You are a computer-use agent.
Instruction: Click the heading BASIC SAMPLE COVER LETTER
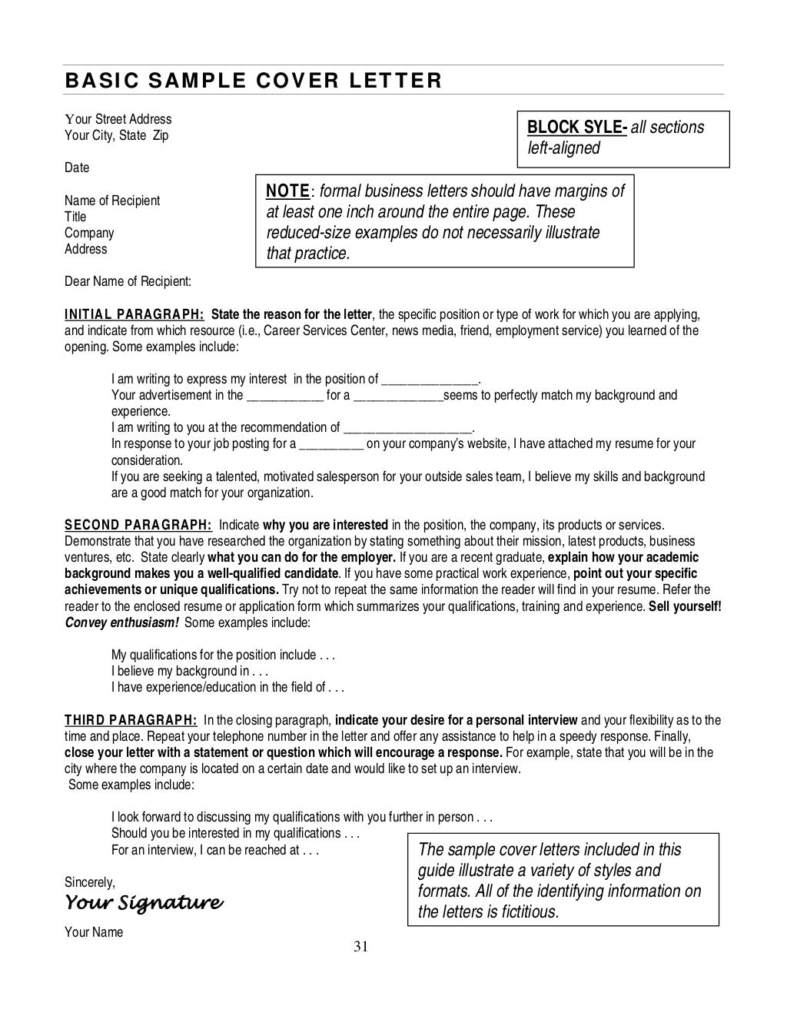[x=253, y=81]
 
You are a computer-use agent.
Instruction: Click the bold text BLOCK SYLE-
[x=576, y=128]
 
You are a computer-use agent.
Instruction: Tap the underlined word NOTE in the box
[x=288, y=191]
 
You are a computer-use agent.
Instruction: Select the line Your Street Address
[x=118, y=119]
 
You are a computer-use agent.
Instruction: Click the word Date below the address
[x=77, y=168]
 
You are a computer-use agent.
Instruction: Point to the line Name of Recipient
[x=112, y=201]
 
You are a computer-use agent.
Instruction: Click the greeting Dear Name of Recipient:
[x=128, y=281]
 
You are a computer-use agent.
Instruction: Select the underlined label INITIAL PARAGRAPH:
[x=134, y=314]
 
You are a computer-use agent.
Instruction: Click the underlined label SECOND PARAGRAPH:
[x=138, y=526]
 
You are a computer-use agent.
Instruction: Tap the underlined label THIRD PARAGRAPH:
[x=131, y=720]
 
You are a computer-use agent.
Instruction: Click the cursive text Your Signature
[x=144, y=901]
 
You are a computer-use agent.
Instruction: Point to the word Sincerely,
[x=90, y=882]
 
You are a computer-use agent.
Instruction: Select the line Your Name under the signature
[x=94, y=932]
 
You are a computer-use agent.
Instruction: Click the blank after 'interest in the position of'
[x=430, y=380]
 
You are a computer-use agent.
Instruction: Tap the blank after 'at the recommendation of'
[x=408, y=428]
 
